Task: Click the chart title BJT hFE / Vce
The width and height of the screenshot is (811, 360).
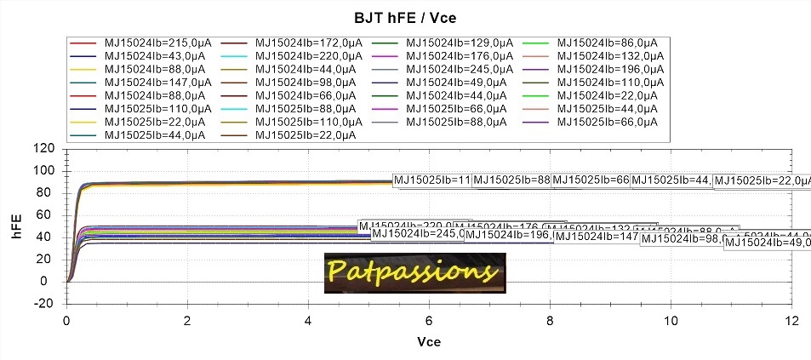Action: pos(405,17)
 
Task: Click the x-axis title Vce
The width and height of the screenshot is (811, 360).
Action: pos(428,340)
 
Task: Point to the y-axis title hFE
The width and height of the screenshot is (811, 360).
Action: pos(16,226)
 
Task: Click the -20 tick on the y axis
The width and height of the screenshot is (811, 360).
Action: pos(46,303)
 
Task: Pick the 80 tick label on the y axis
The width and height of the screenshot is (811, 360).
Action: pos(49,193)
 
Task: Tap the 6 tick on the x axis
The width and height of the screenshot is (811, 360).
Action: pos(429,320)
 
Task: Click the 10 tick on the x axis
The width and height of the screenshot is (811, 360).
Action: pos(671,320)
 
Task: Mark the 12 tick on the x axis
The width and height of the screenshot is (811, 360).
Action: pos(791,320)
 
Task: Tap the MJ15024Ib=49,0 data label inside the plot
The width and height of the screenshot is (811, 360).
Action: pos(766,243)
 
